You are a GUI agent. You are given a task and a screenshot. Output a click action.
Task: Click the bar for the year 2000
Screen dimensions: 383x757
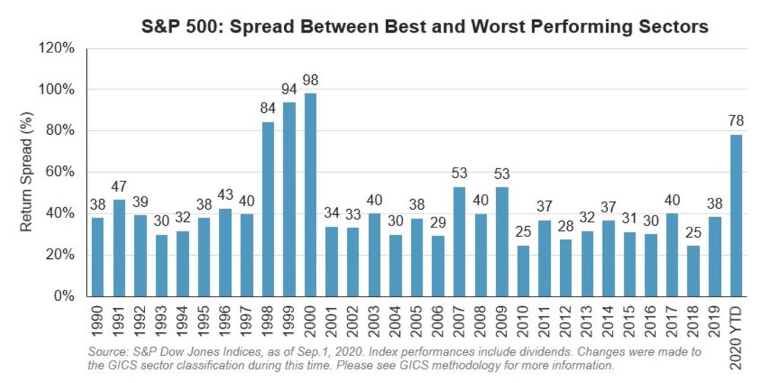(x=311, y=195)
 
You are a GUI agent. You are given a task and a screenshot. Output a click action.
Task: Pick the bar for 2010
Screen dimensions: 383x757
(x=524, y=271)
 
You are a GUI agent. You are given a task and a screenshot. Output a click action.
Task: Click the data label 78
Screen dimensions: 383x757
(x=736, y=120)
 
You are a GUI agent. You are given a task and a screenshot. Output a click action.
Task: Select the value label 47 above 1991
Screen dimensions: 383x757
(x=119, y=187)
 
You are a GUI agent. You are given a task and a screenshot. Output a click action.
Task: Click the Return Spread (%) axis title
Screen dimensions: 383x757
(x=26, y=171)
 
